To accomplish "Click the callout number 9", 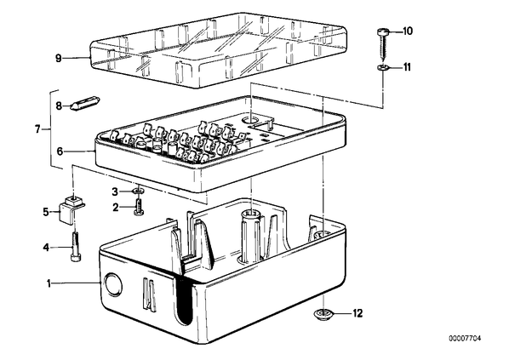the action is (59, 59).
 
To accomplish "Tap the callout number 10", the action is (408, 31).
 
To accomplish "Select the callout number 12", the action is (357, 313).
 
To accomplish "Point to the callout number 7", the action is (37, 129).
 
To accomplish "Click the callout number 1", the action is (49, 283).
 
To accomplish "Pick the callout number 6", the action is (60, 151).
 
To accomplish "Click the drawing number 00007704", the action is (466, 339).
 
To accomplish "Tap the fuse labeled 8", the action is (85, 103).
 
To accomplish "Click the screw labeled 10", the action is (383, 43).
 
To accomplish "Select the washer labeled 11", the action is (383, 67).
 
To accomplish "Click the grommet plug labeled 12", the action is (323, 314).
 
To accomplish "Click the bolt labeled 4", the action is (76, 246).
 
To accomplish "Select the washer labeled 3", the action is (139, 191).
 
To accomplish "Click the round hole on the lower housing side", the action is (112, 284).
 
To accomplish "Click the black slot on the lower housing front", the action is (185, 300).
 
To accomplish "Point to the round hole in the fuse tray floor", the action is (250, 120).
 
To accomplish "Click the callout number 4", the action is (46, 248).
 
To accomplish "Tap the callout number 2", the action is (116, 207).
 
